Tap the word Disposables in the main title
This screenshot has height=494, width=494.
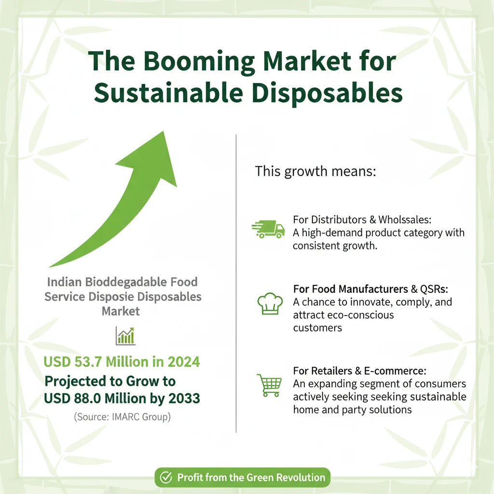[x=328, y=94]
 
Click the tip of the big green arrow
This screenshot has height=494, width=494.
[x=164, y=132]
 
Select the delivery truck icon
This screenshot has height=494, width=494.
[x=268, y=229]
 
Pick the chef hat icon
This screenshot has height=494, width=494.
[x=270, y=304]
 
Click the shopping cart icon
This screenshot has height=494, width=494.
[x=269, y=385]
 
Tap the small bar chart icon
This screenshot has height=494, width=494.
[x=125, y=336]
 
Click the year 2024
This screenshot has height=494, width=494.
[x=184, y=362]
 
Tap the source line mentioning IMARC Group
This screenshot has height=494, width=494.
[x=122, y=417]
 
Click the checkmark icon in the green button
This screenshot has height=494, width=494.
[x=166, y=477]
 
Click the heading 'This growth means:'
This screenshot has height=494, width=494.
[x=316, y=171]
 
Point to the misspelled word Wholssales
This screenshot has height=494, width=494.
[x=405, y=220]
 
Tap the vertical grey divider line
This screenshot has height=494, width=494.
[x=236, y=284]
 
